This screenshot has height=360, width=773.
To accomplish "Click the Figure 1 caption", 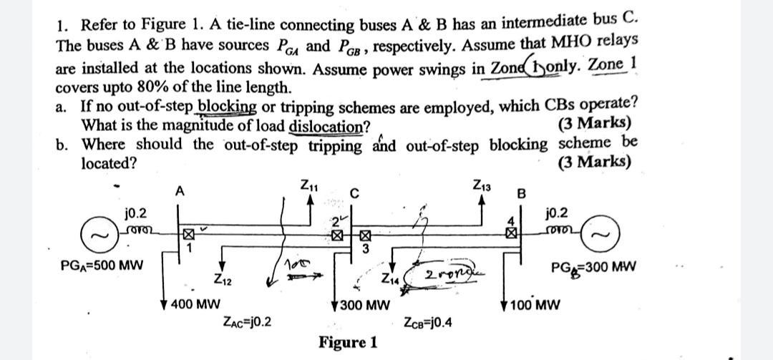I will [x=349, y=341].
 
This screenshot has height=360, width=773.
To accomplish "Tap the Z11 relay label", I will [x=309, y=188].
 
